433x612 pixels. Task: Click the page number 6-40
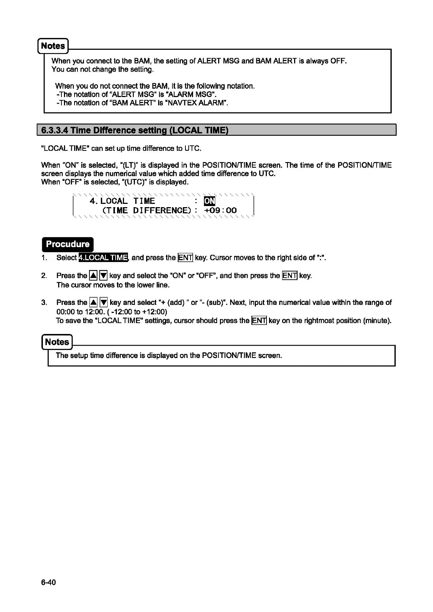pos(48,583)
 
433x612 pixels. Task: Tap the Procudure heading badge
pos(68,244)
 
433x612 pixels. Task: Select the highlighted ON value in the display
pos(209,201)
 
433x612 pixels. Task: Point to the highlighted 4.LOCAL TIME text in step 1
pos(103,258)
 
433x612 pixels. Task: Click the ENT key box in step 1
pos(185,258)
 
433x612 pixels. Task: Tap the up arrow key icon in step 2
pos(93,276)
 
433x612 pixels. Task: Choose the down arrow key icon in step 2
pos(104,276)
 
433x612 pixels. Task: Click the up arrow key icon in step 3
pos(93,302)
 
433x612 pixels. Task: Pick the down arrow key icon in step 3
pos(104,302)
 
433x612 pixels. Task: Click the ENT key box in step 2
pos(290,276)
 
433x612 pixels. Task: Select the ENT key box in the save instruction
pos(259,321)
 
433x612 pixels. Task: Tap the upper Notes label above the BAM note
pos(53,46)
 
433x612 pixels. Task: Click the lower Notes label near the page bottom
pos(57,342)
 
